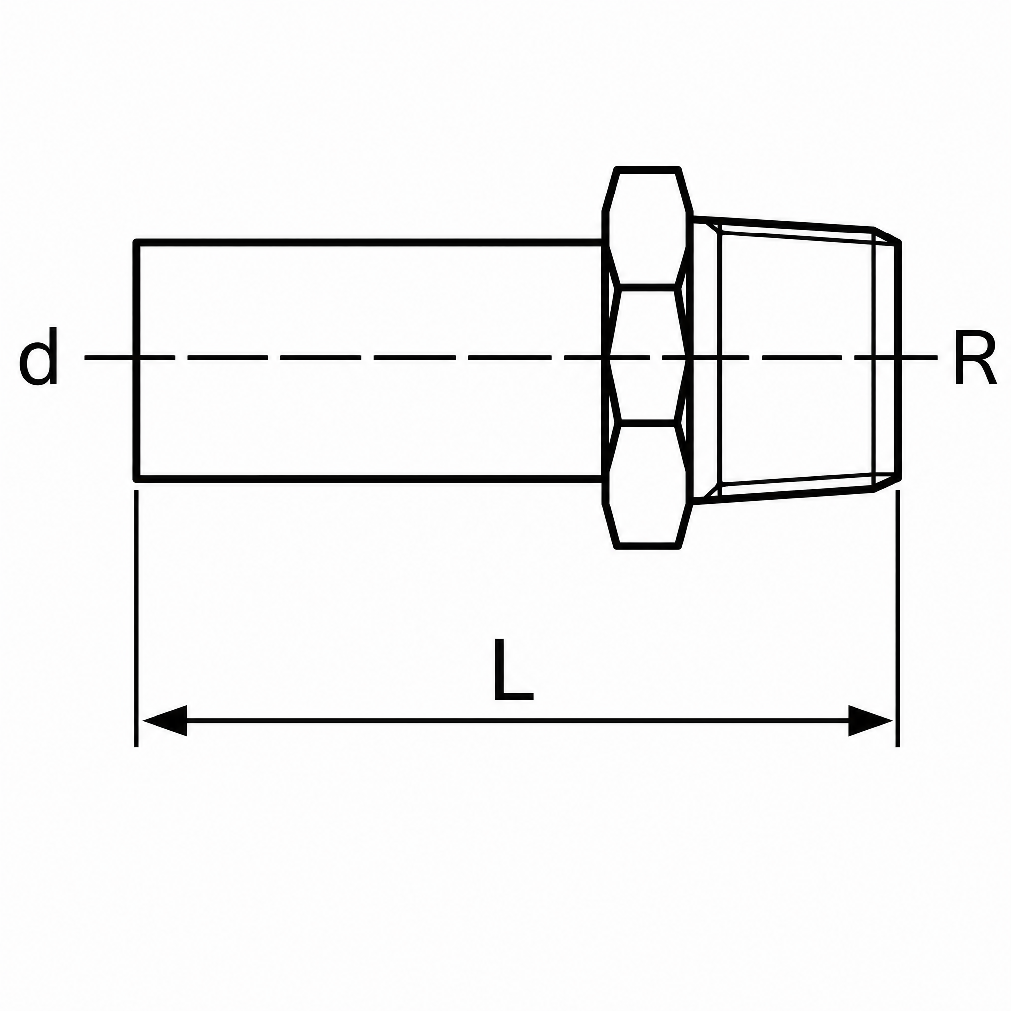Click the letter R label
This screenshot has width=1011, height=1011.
(975, 357)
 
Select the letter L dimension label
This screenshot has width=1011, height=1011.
(513, 670)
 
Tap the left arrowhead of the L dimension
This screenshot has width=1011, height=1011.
(164, 721)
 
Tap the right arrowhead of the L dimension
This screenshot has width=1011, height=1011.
(870, 721)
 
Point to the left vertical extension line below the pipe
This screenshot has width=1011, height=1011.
(136, 618)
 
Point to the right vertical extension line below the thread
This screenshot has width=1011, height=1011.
(898, 618)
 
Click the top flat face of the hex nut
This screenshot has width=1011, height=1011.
(648, 169)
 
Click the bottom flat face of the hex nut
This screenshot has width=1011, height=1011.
(648, 546)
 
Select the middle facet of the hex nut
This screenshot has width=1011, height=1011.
(648, 355)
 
